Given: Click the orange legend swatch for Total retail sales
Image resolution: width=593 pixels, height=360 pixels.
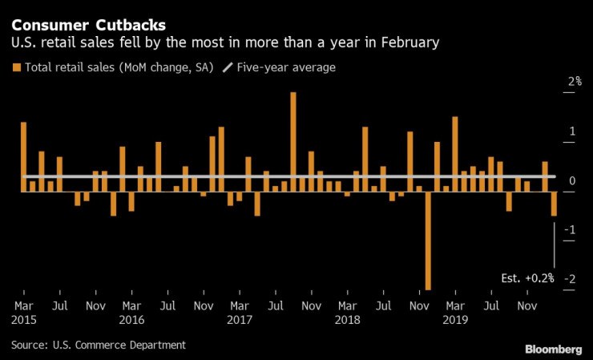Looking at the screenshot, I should click(17, 67).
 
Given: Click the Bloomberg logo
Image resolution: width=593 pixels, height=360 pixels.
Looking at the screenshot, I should click(554, 349).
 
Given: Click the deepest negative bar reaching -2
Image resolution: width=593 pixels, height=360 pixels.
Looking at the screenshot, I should click(428, 241).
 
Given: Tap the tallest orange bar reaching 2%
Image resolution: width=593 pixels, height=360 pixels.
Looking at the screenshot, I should click(293, 136).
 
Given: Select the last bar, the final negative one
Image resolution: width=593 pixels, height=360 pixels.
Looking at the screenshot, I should click(554, 204).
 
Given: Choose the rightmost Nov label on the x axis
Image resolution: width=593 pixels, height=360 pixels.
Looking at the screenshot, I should click(526, 305).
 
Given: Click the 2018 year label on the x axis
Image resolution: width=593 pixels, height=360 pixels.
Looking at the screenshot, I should click(348, 319).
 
